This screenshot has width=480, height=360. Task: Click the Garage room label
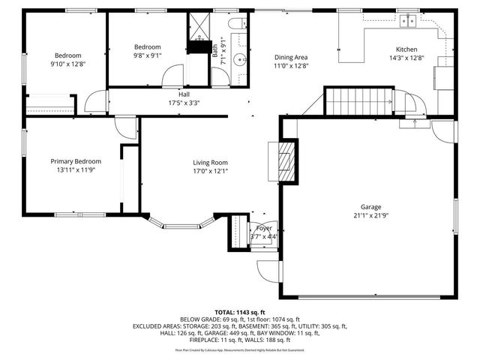(370, 207)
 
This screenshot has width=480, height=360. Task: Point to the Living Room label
(210, 163)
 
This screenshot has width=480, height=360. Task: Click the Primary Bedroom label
(76, 161)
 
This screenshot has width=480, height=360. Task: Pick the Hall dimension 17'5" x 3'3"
(184, 103)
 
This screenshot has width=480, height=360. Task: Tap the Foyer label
(264, 228)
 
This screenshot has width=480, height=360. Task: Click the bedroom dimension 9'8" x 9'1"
(147, 55)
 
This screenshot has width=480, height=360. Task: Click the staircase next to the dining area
(361, 100)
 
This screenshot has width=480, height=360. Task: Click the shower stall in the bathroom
(200, 27)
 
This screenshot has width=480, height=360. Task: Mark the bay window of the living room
(182, 223)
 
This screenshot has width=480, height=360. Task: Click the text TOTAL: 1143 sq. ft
(240, 312)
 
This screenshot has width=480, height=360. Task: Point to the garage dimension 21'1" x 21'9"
(370, 215)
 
